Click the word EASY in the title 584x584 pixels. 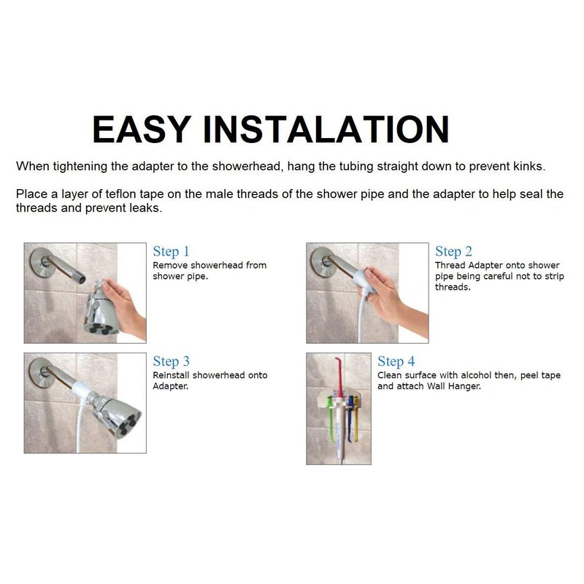click(142, 129)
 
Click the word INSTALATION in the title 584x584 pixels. click(326, 129)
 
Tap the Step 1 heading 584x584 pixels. click(171, 251)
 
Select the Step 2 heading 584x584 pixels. click(453, 251)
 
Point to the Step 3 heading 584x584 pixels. click(171, 361)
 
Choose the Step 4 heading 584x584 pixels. click(396, 361)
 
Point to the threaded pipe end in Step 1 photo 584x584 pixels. click(80, 279)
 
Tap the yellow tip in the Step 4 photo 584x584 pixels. click(356, 417)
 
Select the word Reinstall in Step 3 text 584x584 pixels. click(171, 375)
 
